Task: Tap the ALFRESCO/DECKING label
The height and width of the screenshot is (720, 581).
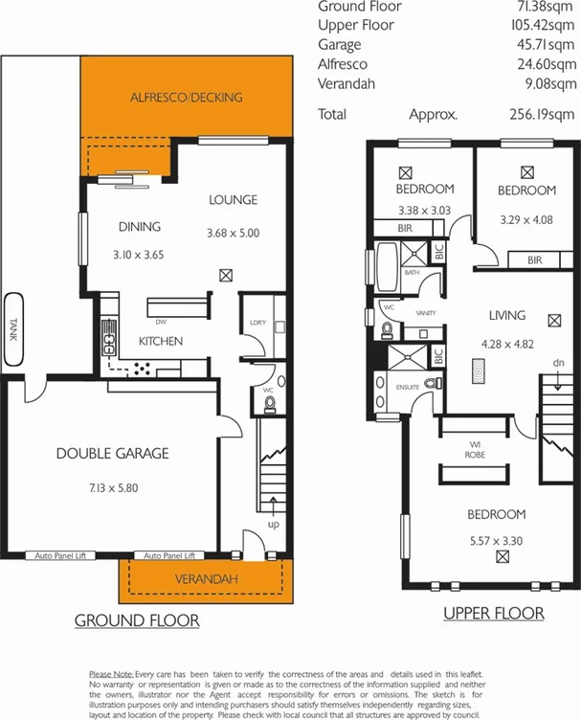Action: pos(186,98)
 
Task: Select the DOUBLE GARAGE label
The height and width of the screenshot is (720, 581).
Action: pos(112,453)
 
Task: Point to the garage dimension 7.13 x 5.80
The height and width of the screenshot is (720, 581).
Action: pos(112,487)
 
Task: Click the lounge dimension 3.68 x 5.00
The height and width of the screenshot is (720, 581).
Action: pos(233,233)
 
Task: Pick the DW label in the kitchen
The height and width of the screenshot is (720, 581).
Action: pos(161,323)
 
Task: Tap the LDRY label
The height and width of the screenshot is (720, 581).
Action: pos(257,323)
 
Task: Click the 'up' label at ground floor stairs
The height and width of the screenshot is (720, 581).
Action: pos(274,526)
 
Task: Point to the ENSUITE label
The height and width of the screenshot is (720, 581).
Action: pos(408,387)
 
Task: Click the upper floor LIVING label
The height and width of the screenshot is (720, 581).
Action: pos(506,315)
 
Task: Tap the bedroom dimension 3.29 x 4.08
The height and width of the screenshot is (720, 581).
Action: pos(525,219)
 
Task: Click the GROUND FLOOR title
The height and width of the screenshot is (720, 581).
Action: pos(138,620)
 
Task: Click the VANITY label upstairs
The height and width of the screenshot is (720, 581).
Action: pos(425,313)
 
